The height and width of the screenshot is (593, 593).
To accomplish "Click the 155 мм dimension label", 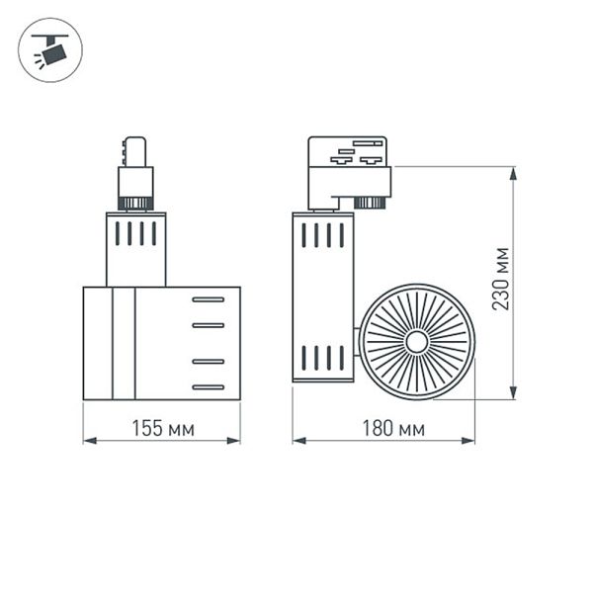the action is [163, 429].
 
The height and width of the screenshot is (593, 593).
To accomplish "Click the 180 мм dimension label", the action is [393, 429].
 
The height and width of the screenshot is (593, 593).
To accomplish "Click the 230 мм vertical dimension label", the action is [501, 279].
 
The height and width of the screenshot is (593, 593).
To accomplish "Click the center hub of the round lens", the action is [417, 342].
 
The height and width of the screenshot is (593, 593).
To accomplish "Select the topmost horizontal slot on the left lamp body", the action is [208, 299].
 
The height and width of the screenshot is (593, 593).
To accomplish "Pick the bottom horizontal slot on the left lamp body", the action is [208, 386].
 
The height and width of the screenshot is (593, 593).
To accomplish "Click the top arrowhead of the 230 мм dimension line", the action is [513, 174].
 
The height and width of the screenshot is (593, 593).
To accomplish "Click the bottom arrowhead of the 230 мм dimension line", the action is [513, 391].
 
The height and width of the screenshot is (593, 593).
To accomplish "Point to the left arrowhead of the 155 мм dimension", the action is [90, 441].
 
